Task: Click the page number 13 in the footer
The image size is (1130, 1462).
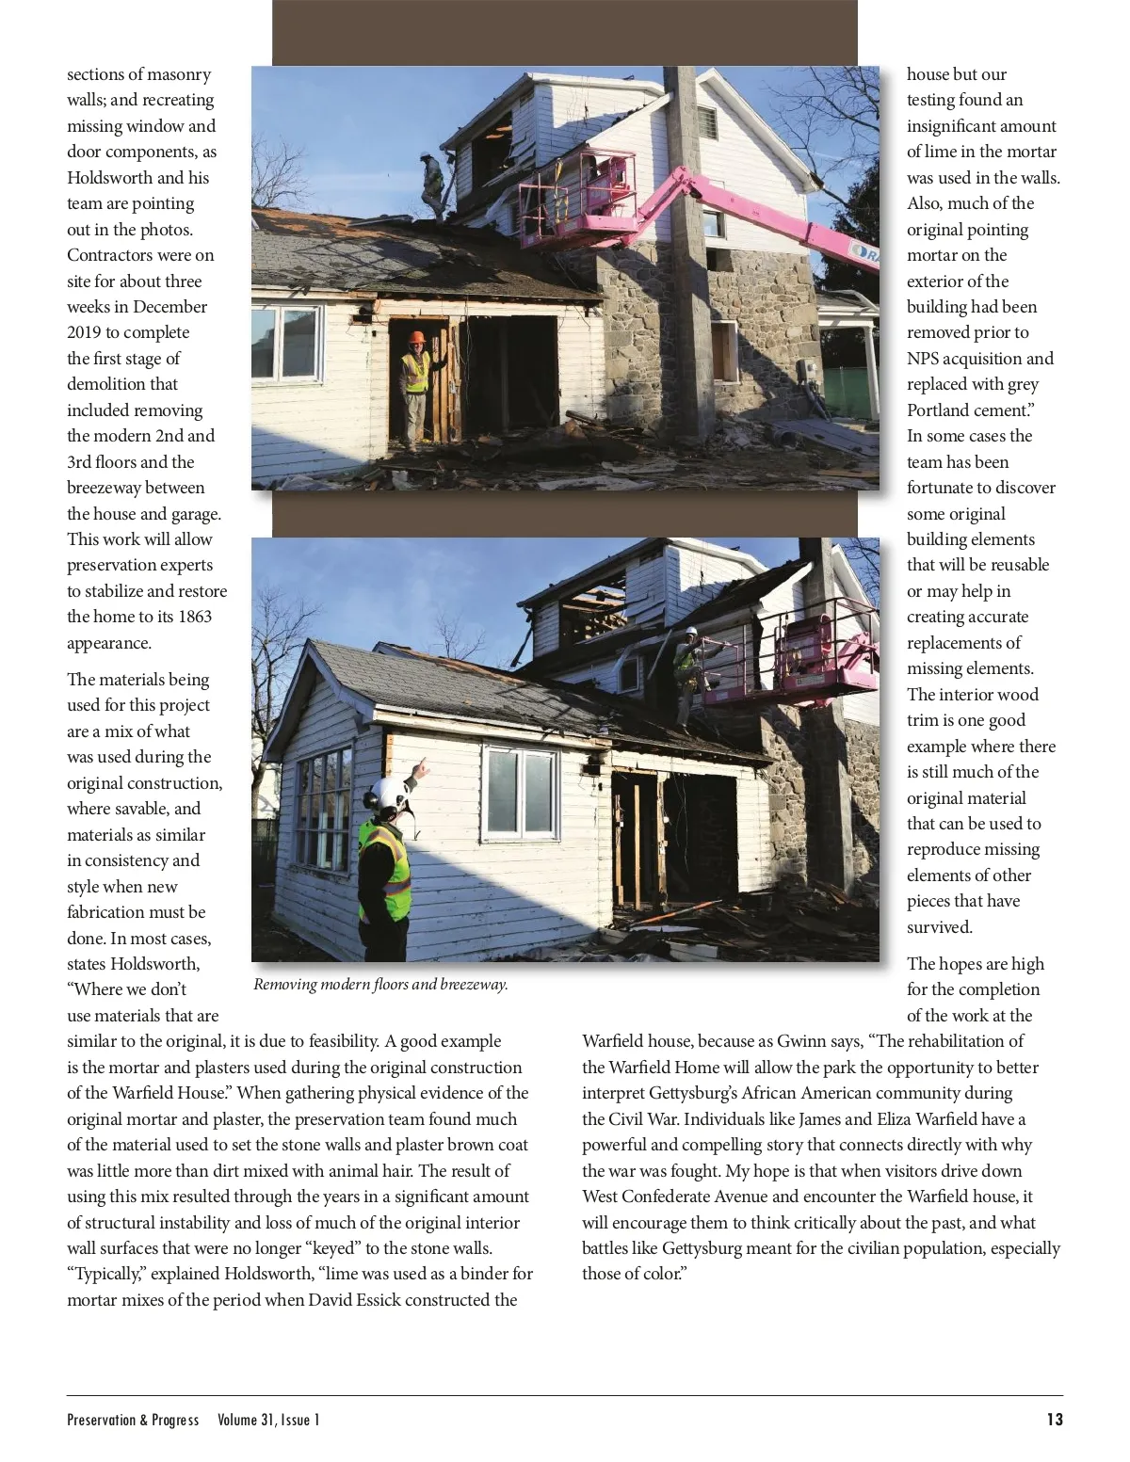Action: click(1054, 1419)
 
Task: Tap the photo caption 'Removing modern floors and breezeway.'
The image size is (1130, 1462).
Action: click(380, 985)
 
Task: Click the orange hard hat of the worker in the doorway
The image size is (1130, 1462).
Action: click(417, 338)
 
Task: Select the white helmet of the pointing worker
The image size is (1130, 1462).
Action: click(391, 793)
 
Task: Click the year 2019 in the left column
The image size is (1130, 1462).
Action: click(88, 332)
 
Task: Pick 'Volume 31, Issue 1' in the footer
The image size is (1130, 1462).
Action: click(268, 1420)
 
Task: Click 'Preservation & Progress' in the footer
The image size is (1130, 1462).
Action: click(133, 1420)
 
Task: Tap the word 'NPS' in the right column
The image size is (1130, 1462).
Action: click(925, 358)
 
